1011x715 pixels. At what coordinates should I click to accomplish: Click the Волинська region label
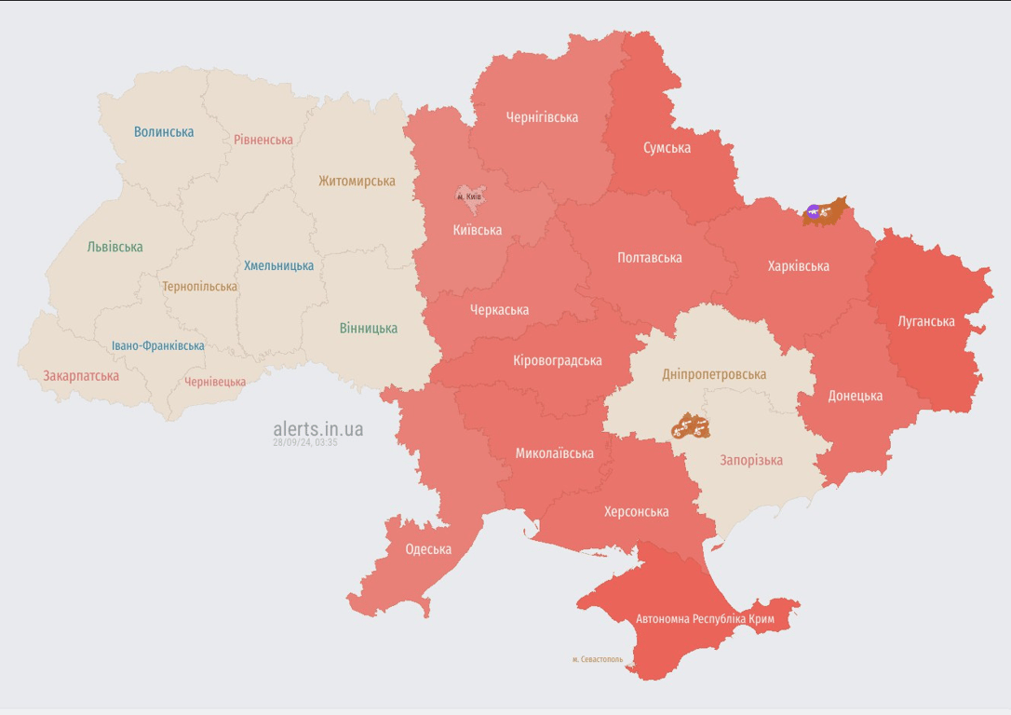[x=164, y=132]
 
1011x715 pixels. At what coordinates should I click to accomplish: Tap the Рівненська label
[x=263, y=140]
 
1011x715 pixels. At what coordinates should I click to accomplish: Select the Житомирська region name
[x=357, y=182]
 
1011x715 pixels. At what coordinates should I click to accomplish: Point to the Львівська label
[x=115, y=248]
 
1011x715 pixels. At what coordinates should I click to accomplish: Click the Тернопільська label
[x=199, y=287]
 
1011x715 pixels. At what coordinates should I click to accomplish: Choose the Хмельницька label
[x=278, y=266]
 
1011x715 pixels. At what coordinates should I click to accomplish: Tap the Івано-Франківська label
[x=158, y=346]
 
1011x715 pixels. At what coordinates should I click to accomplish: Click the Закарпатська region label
[x=81, y=376]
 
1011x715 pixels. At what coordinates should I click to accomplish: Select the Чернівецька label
[x=215, y=382]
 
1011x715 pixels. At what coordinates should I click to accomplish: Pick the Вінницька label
[x=369, y=328]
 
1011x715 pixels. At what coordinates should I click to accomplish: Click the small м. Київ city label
[x=469, y=196]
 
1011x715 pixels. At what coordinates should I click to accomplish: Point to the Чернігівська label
[x=542, y=117]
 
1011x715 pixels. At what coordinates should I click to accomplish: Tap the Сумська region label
[x=667, y=148]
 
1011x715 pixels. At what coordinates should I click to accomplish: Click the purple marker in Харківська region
[x=814, y=213]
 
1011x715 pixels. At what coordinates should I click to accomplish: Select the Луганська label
[x=926, y=321]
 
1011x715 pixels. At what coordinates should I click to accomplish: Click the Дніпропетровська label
[x=714, y=374]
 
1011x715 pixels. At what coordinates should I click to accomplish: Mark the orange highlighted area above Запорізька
[x=691, y=427]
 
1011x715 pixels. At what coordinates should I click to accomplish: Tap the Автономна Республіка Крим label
[x=705, y=618]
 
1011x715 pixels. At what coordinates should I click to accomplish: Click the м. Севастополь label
[x=598, y=659]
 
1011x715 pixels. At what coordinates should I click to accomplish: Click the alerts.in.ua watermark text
[x=318, y=429]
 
